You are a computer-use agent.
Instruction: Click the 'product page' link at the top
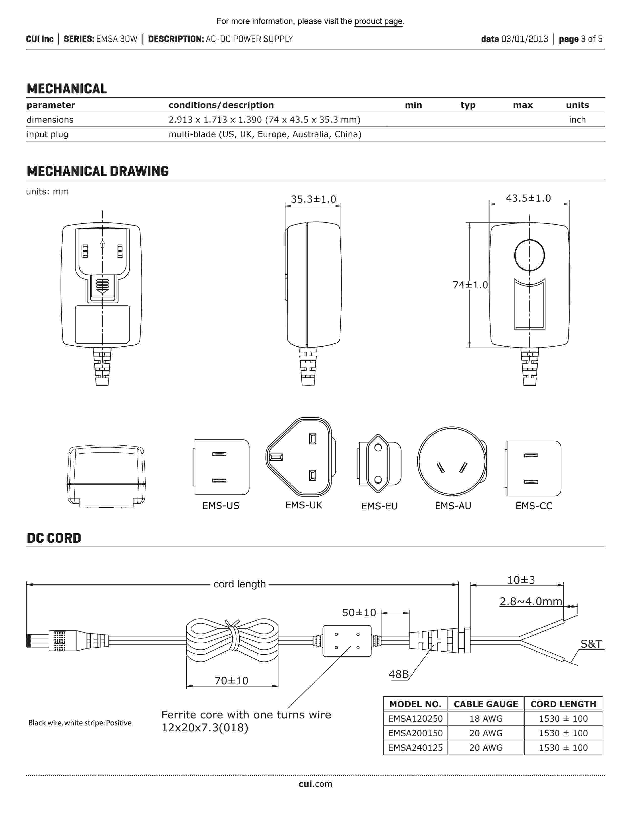click(378, 21)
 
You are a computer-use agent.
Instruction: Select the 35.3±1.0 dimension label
click(313, 199)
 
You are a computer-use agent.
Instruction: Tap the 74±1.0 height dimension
click(470, 285)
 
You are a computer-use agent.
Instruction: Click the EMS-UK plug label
click(304, 505)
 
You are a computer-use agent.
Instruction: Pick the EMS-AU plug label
click(453, 506)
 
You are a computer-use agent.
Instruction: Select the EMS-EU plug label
click(379, 506)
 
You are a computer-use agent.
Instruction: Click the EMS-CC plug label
click(534, 506)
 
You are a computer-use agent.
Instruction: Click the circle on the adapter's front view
click(529, 255)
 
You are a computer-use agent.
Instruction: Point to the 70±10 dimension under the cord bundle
click(231, 680)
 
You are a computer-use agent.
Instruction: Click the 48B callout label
click(398, 674)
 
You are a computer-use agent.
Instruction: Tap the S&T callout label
click(591, 644)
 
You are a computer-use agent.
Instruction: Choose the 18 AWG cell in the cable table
click(485, 719)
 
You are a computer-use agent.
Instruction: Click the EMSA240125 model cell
click(415, 747)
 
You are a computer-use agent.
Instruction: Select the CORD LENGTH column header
click(563, 704)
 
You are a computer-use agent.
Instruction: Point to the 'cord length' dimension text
click(239, 584)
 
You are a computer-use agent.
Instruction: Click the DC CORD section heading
click(54, 538)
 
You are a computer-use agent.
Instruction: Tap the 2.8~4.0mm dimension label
click(531, 601)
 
